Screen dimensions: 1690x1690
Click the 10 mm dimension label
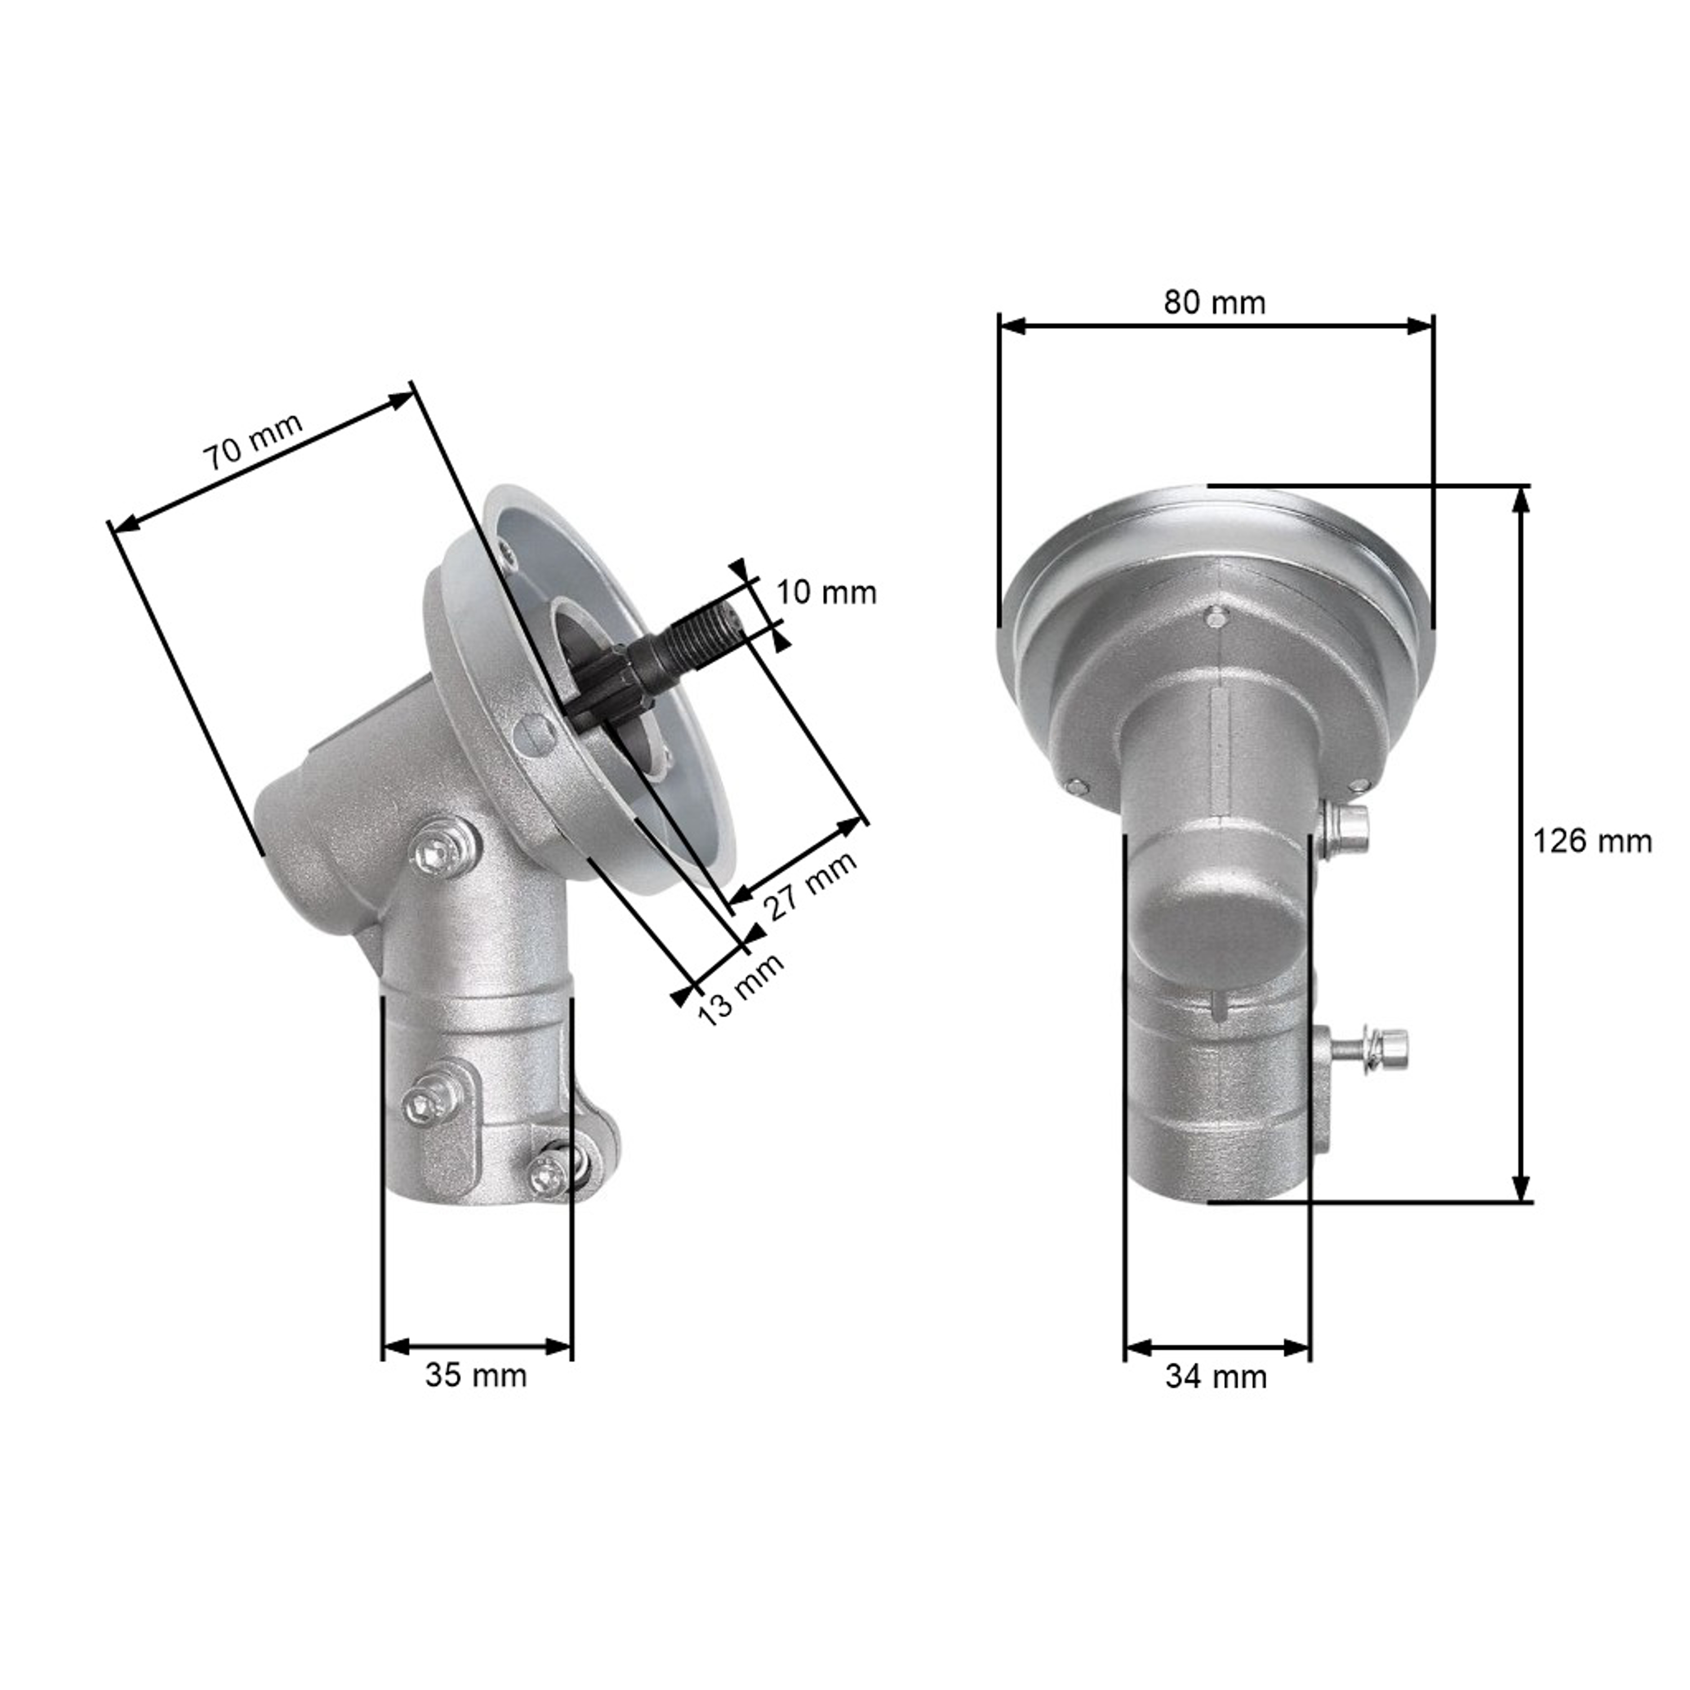[826, 593]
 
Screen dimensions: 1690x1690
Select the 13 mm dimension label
[740, 989]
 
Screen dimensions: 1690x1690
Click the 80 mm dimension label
[1214, 303]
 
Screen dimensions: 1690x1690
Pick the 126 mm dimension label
[1592, 842]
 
